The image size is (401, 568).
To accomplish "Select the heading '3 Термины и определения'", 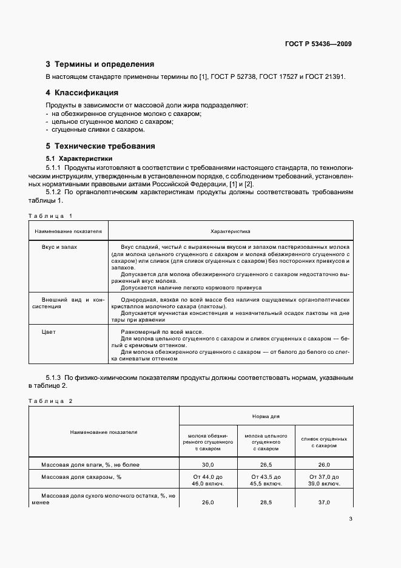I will pyautogui.click(x=100, y=64).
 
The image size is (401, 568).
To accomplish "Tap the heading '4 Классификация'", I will pyautogui.click(x=82, y=93).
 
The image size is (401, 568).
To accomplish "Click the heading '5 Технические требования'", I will pyautogui.click(x=100, y=146).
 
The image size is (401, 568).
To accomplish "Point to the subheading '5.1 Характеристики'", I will pyautogui.click(x=75, y=158).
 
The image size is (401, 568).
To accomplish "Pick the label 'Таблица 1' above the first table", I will pyautogui.click(x=51, y=216).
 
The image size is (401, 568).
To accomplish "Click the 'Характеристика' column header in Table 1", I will pyautogui.click(x=230, y=231).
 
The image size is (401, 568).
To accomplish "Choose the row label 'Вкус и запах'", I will pyautogui.click(x=59, y=248).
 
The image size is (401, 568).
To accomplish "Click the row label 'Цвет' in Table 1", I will pyautogui.click(x=49, y=332).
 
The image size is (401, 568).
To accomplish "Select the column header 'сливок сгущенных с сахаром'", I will pyautogui.click(x=324, y=441).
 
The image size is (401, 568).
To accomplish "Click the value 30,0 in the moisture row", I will pyautogui.click(x=208, y=464).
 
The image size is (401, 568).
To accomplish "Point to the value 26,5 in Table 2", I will pyautogui.click(x=266, y=464).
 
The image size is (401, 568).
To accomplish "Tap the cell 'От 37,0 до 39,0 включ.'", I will pyautogui.click(x=324, y=480).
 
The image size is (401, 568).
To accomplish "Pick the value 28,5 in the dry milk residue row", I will pyautogui.click(x=266, y=502).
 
